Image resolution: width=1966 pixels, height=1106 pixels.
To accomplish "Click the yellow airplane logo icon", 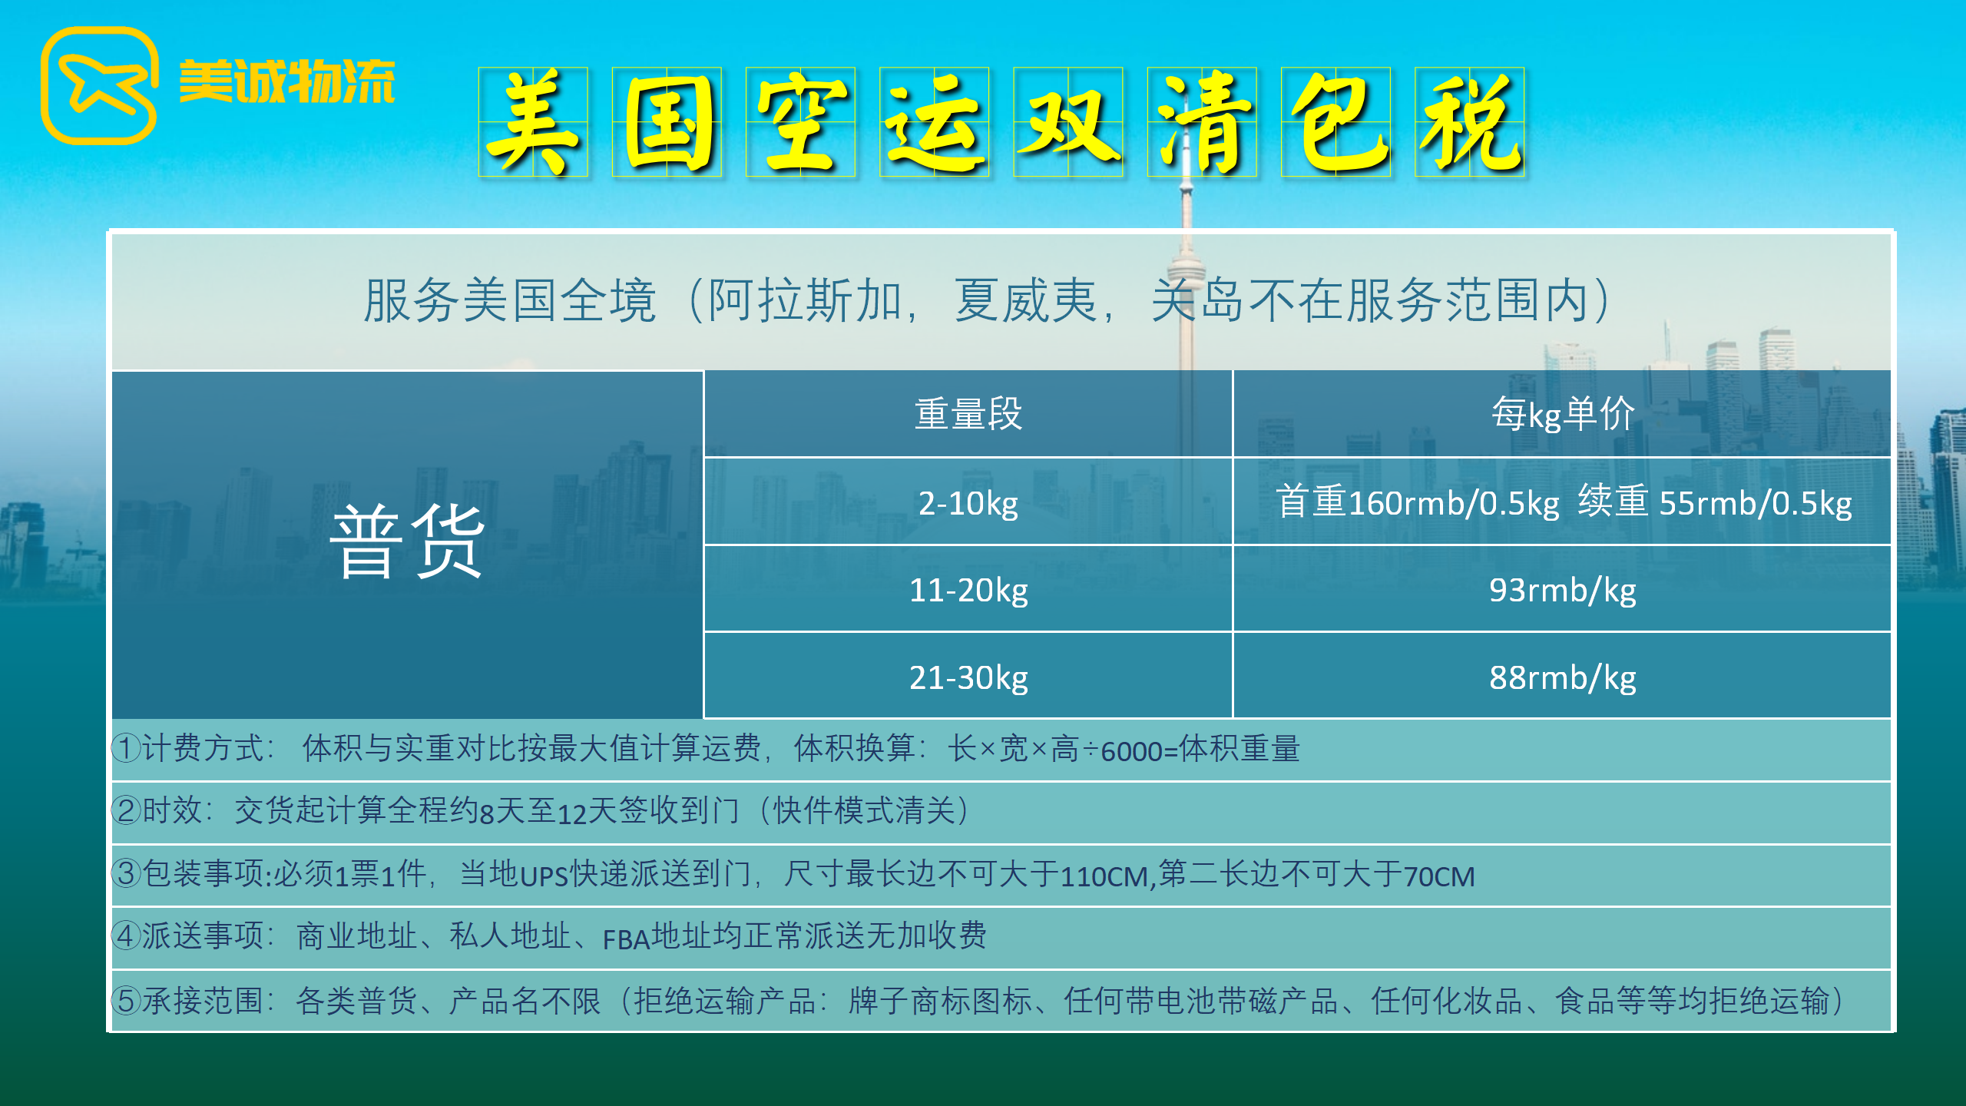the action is [99, 85].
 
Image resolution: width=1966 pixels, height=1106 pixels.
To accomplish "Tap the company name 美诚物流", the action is [286, 81].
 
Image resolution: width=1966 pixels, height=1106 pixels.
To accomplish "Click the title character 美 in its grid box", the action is [533, 122].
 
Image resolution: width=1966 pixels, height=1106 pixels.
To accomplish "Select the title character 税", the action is [1469, 122].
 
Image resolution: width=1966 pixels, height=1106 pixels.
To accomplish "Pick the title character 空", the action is [800, 122].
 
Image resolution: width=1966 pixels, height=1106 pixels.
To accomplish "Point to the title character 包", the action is [1335, 122].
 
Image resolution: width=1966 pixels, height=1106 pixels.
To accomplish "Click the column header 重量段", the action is [968, 414].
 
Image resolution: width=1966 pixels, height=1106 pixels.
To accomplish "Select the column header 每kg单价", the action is [1563, 414].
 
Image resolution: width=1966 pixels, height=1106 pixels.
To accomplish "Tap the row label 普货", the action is [407, 541].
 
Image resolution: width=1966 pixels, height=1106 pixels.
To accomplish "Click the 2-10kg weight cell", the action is [968, 503].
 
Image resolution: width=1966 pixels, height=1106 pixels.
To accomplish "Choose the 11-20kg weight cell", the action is [968, 590].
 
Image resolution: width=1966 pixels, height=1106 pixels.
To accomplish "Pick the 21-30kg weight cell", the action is [968, 677].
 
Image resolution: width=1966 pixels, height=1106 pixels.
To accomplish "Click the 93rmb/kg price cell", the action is [1563, 590].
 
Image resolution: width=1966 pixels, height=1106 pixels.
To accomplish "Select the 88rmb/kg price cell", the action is [1563, 677].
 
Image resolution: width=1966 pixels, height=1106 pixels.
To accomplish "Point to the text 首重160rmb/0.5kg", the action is [1418, 503].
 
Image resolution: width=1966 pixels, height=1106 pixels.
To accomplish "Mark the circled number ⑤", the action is [127, 1000].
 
